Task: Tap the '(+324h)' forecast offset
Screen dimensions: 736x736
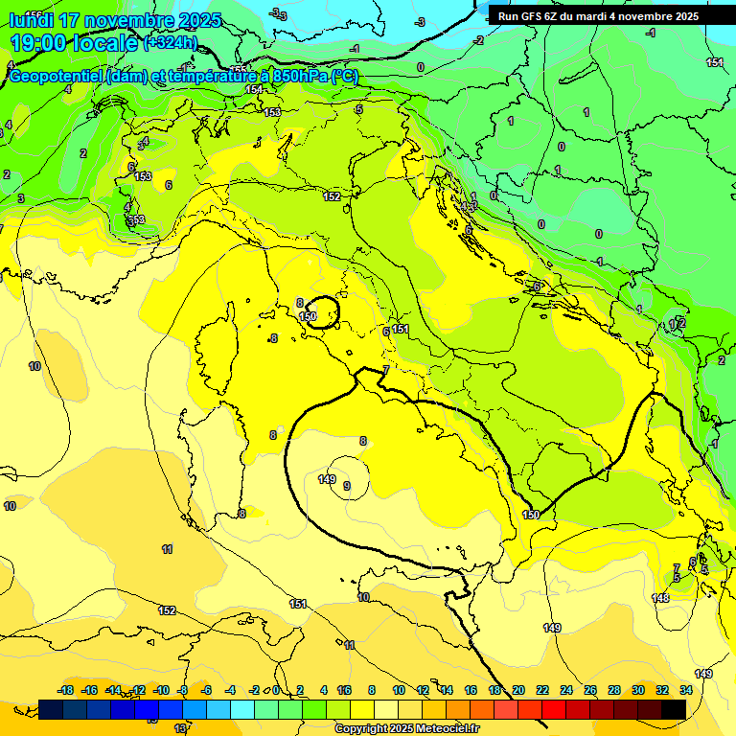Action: tap(170, 43)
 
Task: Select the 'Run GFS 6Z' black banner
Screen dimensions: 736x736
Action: tap(598, 15)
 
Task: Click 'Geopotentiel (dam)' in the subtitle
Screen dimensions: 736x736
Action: tap(78, 77)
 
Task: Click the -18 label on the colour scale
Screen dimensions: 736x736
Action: tap(66, 690)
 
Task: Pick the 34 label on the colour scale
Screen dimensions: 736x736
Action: tap(686, 690)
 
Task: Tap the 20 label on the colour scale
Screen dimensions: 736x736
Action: tap(518, 690)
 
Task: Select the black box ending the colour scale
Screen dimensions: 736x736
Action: tap(674, 709)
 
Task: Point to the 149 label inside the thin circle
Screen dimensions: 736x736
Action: tap(326, 479)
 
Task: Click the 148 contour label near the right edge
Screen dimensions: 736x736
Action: tap(660, 598)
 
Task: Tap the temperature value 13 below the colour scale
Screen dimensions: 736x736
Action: tap(180, 728)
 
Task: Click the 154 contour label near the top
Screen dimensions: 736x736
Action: tap(253, 89)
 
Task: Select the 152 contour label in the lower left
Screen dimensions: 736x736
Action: tap(167, 610)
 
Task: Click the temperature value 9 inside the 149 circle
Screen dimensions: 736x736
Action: tap(346, 487)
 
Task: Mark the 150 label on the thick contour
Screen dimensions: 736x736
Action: tap(531, 515)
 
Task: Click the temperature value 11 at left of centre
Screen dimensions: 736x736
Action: tap(167, 549)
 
